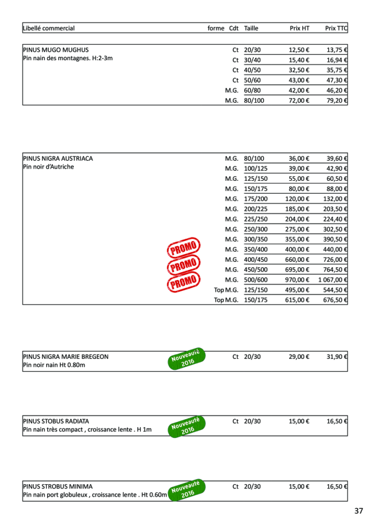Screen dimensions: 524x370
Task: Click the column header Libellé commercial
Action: tap(49, 28)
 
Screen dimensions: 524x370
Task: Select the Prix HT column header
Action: tap(299, 28)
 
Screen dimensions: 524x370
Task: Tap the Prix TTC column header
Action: tap(336, 28)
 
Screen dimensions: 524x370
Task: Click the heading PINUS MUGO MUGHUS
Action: tap(56, 50)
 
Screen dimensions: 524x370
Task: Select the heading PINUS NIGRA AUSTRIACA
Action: tap(58, 158)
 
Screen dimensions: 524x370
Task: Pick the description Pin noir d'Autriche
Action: tap(49, 167)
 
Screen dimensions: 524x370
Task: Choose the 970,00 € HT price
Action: tap(297, 280)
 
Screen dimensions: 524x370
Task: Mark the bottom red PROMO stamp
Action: tap(183, 282)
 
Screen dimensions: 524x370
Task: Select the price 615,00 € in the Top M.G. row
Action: tap(297, 300)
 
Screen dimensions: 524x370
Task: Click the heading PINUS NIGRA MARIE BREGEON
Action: tap(66, 357)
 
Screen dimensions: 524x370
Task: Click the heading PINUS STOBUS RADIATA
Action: tap(56, 421)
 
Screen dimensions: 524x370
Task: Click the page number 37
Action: tap(358, 511)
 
